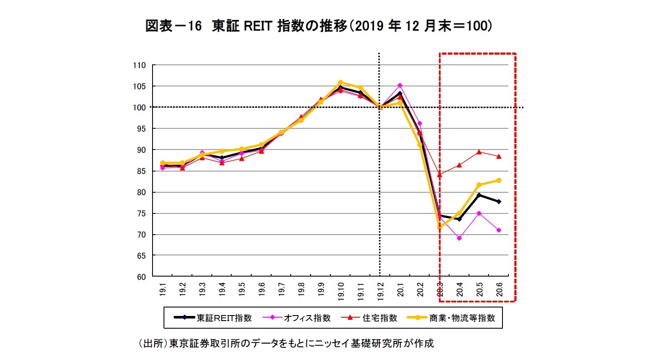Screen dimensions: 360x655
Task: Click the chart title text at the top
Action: [x=319, y=26]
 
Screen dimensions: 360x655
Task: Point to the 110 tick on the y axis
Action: [x=139, y=65]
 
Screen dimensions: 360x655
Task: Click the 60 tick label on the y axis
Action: [x=141, y=277]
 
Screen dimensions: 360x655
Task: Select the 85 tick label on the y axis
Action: [x=141, y=171]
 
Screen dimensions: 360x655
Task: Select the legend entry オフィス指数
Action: [x=297, y=318]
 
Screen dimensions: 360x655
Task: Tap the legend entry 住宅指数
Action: [x=370, y=318]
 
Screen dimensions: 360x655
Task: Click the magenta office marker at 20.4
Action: [x=459, y=238]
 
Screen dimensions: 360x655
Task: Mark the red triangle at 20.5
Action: [x=479, y=152]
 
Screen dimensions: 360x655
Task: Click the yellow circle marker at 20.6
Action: [x=499, y=180]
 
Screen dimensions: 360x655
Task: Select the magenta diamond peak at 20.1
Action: [x=400, y=85]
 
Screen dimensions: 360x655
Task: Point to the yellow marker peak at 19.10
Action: [x=341, y=83]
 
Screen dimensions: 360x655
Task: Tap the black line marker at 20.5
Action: [x=479, y=195]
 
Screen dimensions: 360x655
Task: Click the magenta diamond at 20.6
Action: [x=499, y=230]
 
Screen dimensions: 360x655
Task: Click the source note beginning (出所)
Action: [x=286, y=343]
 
